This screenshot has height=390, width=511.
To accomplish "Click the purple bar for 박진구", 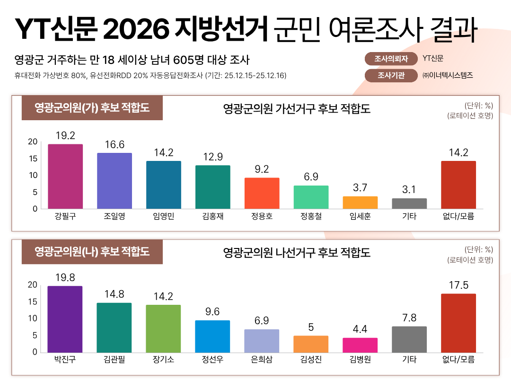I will point(65,319).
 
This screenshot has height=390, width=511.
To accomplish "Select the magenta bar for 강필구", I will point(65,176).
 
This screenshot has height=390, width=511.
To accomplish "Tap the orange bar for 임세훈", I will point(360,203).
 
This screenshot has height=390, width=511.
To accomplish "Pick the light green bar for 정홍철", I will point(311,197).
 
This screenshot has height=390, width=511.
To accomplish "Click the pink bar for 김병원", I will point(360,345).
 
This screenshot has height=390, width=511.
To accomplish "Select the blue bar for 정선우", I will point(212,336).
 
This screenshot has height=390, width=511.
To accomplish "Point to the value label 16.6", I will point(115,144).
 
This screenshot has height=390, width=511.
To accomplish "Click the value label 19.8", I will point(65,277).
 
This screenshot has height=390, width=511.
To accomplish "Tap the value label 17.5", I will point(458,285).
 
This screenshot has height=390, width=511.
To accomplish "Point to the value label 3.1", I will point(409,190).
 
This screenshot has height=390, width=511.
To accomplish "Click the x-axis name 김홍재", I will point(212,217).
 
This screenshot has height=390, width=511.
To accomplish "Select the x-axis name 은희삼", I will point(262,360).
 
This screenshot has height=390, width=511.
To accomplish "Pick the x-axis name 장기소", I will point(163,360).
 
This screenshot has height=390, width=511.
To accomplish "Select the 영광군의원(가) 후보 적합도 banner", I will point(92,108).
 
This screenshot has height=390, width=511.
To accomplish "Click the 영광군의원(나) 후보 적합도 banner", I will point(92,251).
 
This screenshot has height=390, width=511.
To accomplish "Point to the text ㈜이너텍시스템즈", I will point(448,75).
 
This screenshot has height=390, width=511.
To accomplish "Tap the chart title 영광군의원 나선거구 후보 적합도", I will point(297,252).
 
